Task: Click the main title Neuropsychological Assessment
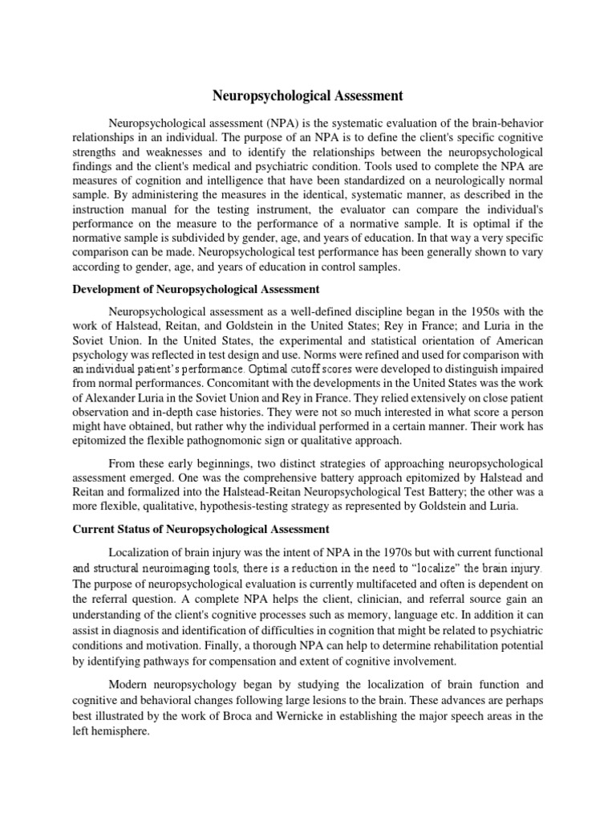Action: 308,96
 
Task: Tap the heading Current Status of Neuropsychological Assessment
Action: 201,530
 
